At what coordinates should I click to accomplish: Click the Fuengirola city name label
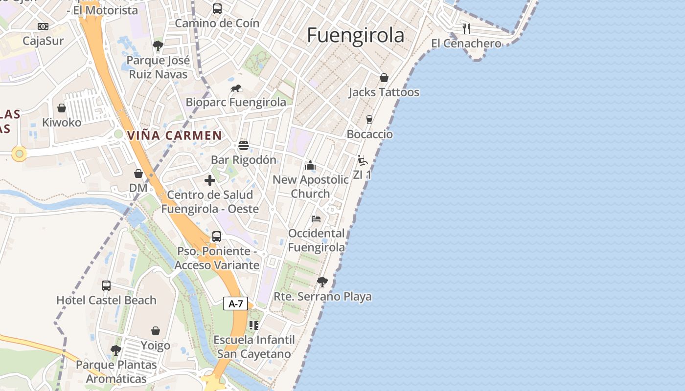(356, 36)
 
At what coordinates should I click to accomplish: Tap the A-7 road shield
(236, 304)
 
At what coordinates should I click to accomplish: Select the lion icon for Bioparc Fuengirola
(236, 88)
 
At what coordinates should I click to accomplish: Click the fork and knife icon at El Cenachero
(466, 28)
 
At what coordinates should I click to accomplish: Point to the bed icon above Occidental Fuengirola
(316, 218)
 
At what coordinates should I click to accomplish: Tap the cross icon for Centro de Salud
(210, 180)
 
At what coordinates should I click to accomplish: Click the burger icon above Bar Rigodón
(244, 145)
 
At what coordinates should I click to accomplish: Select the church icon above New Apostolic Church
(310, 165)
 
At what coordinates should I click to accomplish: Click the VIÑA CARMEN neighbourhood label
(175, 135)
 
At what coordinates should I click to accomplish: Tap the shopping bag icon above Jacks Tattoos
(384, 78)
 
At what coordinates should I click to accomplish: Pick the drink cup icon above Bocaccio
(369, 120)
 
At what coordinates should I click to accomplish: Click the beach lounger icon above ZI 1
(362, 160)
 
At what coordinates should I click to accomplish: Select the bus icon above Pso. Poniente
(217, 237)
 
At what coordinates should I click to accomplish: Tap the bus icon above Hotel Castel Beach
(106, 286)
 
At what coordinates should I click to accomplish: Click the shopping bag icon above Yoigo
(156, 331)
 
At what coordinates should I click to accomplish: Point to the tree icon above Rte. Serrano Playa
(322, 282)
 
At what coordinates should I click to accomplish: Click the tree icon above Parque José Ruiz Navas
(158, 46)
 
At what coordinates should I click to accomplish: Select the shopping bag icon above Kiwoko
(62, 108)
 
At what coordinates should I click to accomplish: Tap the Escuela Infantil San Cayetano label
(254, 347)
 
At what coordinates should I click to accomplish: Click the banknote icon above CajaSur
(43, 26)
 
